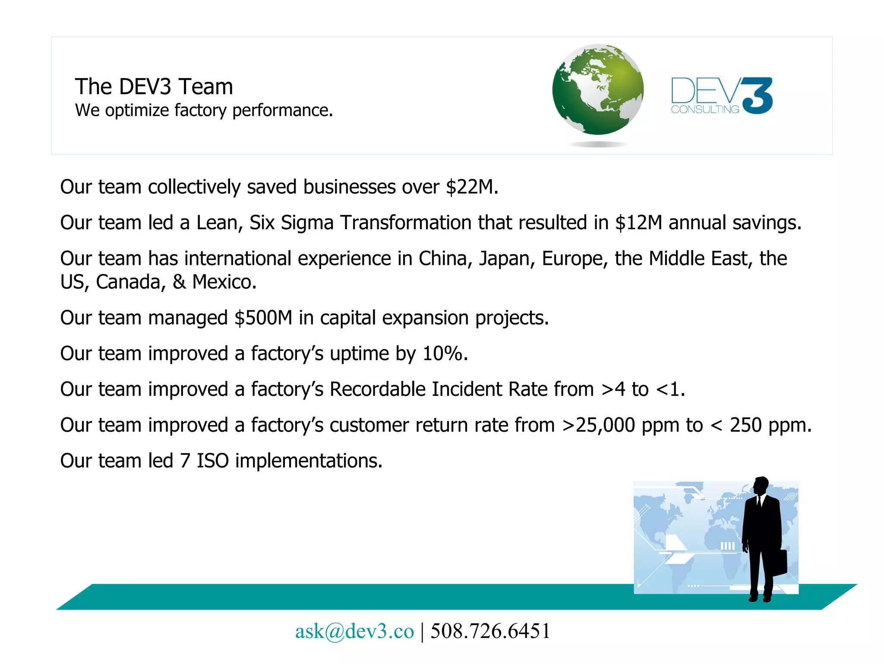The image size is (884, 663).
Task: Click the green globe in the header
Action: [598, 90]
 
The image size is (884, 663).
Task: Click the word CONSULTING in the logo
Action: [704, 110]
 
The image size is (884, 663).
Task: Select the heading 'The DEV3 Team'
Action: [154, 87]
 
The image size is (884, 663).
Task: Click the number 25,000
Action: [605, 425]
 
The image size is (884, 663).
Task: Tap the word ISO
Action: [212, 461]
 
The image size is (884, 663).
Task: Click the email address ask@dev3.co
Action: [354, 631]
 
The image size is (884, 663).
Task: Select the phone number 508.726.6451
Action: [490, 631]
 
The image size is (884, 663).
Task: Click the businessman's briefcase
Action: [779, 562]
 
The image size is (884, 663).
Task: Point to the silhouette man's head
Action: [761, 486]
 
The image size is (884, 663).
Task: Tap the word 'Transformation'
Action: [406, 223]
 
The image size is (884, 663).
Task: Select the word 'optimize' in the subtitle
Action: [137, 111]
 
